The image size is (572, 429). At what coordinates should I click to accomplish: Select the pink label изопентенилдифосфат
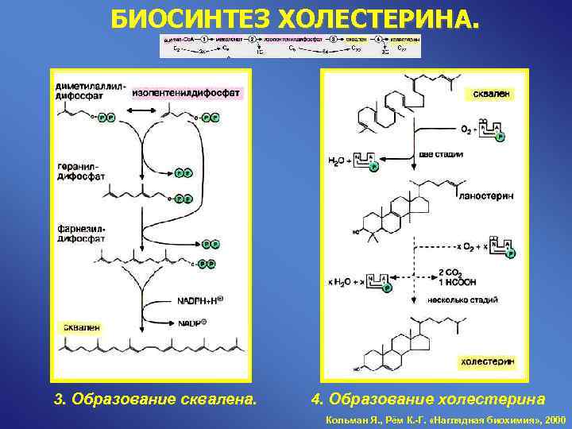[187, 93]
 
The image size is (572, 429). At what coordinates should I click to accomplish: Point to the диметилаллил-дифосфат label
[90, 87]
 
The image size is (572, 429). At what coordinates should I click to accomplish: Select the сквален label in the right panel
[492, 94]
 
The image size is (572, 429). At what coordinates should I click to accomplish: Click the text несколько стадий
[462, 300]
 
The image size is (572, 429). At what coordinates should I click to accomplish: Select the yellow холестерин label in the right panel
[487, 361]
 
